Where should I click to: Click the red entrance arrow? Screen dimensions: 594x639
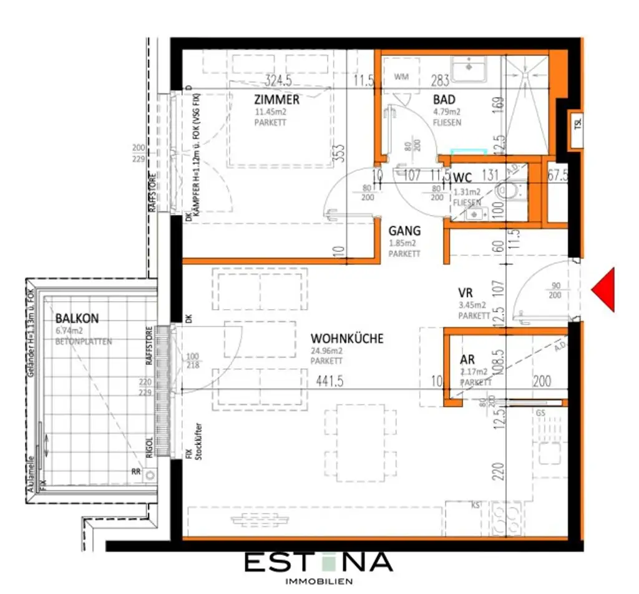click(x=605, y=289)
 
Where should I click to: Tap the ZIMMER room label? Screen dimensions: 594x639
click(x=276, y=100)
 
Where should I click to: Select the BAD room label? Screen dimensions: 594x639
click(x=444, y=100)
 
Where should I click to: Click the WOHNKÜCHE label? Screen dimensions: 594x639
click(x=347, y=338)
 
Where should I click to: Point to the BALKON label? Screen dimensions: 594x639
click(x=77, y=319)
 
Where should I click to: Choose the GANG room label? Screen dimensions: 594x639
click(x=404, y=231)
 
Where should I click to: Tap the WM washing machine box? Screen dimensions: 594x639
click(x=401, y=77)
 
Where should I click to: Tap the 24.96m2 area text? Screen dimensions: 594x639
click(x=327, y=350)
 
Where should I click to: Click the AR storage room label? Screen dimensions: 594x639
click(x=467, y=360)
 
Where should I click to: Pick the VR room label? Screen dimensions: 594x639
click(x=464, y=292)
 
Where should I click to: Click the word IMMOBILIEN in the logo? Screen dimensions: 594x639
click(x=318, y=581)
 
